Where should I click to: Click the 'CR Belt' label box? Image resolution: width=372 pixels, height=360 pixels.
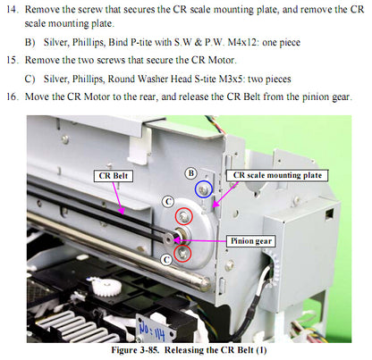pyautogui.click(x=115, y=177)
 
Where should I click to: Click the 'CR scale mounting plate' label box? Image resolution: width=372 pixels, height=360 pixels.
pyautogui.click(x=276, y=176)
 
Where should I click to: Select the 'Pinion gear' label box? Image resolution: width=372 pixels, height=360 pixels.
pyautogui.click(x=250, y=241)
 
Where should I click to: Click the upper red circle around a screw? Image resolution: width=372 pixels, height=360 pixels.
pyautogui.click(x=183, y=216)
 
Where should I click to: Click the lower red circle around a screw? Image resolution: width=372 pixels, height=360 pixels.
pyautogui.click(x=183, y=254)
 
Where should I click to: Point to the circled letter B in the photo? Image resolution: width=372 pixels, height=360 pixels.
pyautogui.click(x=190, y=172)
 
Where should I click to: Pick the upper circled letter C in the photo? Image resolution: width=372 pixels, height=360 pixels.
pyautogui.click(x=168, y=202)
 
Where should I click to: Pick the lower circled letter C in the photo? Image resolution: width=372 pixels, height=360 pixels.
pyautogui.click(x=165, y=258)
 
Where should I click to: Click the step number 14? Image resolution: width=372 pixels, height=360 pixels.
pyautogui.click(x=17, y=8)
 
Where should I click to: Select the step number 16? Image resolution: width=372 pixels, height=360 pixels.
pyautogui.click(x=17, y=96)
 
